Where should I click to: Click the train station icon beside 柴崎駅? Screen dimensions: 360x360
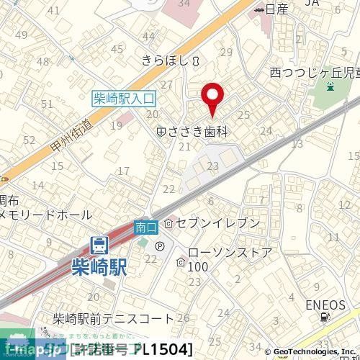[x=99, y=245]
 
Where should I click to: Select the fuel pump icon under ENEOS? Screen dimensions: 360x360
[x=327, y=318]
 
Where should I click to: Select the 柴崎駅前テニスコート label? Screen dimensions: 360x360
[x=114, y=318]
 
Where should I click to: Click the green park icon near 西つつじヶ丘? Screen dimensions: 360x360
[x=330, y=88]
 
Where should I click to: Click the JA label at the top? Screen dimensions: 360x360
[x=312, y=4]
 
